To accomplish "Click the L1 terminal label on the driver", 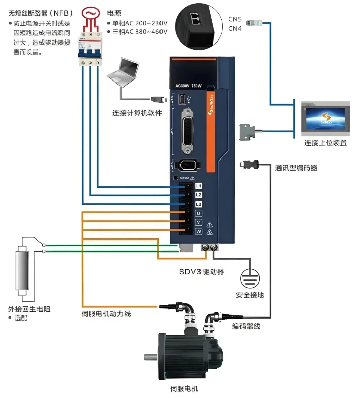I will (x=198, y=186).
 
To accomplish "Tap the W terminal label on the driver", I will (x=198, y=231).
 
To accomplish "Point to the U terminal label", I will (x=198, y=213).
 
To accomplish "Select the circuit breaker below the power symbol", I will (x=90, y=51).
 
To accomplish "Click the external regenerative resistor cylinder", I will (x=21, y=269).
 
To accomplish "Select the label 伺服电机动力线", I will (x=106, y=314).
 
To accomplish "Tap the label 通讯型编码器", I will (x=296, y=168).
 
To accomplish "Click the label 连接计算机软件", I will (x=137, y=113).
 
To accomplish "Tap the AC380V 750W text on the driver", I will (x=188, y=85).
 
